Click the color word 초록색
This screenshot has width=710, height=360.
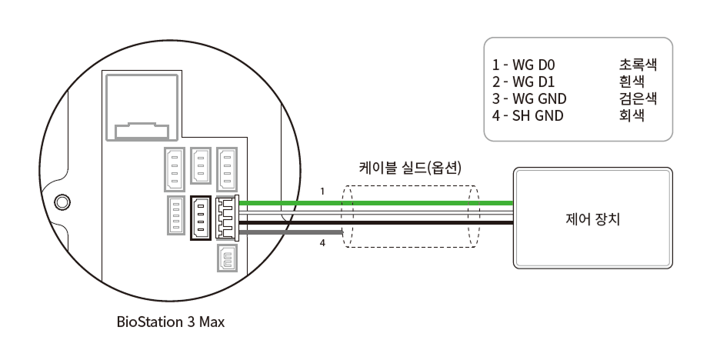click(x=637, y=64)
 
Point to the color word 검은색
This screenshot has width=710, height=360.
click(x=637, y=98)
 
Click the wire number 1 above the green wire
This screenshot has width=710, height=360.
click(x=324, y=191)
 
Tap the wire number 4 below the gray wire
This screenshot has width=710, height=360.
click(x=324, y=244)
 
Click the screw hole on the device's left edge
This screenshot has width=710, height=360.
click(x=62, y=202)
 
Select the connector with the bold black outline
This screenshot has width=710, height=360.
click(x=201, y=218)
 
